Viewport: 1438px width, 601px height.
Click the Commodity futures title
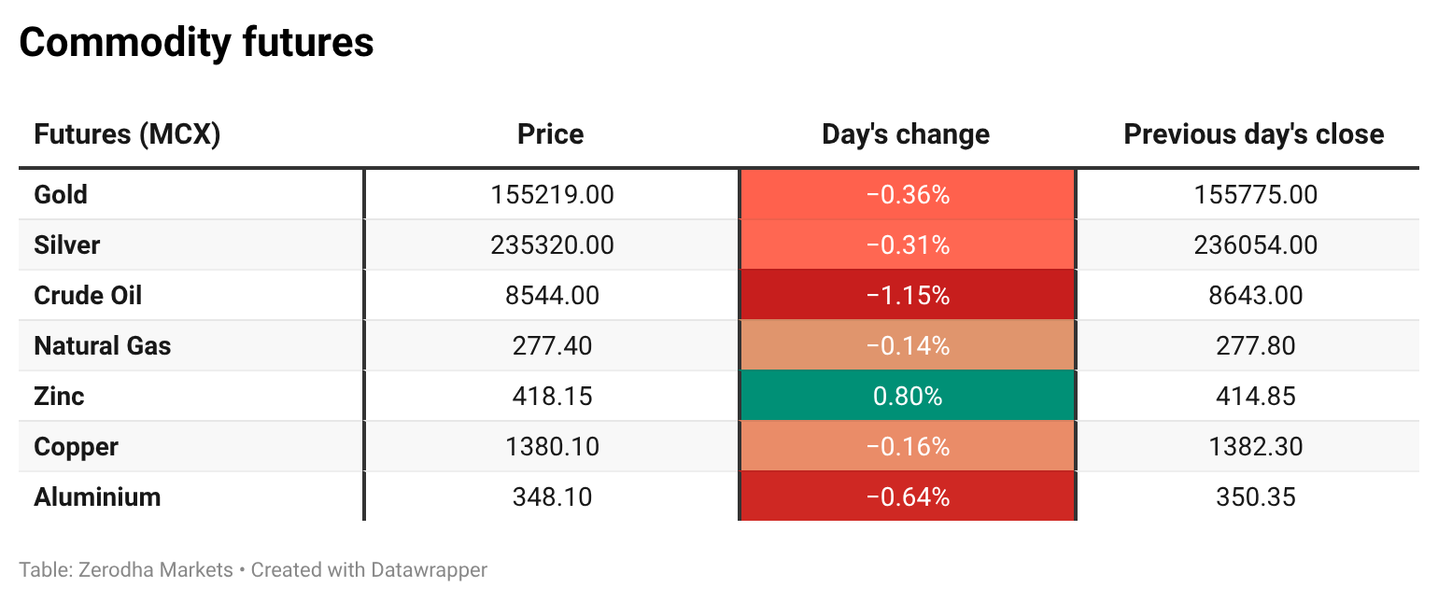[x=196, y=43]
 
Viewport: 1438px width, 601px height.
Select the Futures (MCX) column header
[x=127, y=134]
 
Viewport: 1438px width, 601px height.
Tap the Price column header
[x=551, y=134]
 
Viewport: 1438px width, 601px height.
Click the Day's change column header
[x=906, y=134]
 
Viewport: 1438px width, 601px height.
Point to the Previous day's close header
[x=1254, y=134]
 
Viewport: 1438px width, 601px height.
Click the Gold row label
[x=61, y=194]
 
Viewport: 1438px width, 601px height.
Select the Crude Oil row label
[x=88, y=295]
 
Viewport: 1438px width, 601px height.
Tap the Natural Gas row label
[x=103, y=345]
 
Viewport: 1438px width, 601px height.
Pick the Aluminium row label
[x=97, y=497]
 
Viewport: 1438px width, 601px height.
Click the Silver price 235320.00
[x=552, y=245]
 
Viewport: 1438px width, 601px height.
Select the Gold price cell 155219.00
[x=552, y=194]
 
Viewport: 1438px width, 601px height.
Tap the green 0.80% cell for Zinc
[x=908, y=396]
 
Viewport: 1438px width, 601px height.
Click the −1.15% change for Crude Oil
[x=908, y=295]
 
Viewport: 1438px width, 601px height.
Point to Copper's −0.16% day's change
[x=908, y=446]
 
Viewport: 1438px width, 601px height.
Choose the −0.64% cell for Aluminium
[x=908, y=496]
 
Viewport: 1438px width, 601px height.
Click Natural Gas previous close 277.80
[x=1256, y=345]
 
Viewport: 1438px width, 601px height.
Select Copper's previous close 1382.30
[x=1256, y=446]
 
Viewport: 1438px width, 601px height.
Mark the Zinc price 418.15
[x=552, y=396]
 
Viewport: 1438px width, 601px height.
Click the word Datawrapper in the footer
[x=429, y=570]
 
